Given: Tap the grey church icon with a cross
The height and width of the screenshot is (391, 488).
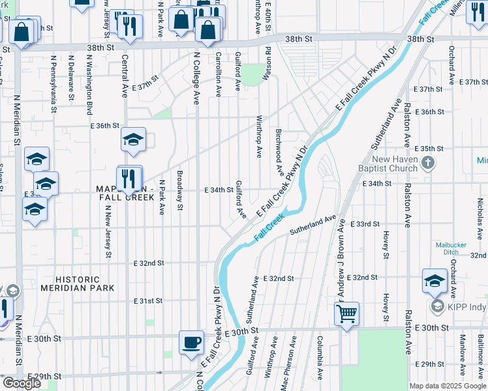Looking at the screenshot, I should tap(427, 162).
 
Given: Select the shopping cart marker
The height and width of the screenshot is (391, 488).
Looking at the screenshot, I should tap(347, 313).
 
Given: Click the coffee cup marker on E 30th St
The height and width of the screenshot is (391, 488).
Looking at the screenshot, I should tap(192, 342).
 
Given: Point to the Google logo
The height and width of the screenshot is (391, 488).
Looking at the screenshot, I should tap(22, 383).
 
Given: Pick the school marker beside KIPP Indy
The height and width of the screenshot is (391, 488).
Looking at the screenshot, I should tap(435, 281).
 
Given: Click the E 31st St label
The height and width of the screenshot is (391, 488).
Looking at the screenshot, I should tap(147, 301).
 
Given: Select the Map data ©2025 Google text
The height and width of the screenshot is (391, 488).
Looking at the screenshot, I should tap(447, 385).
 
